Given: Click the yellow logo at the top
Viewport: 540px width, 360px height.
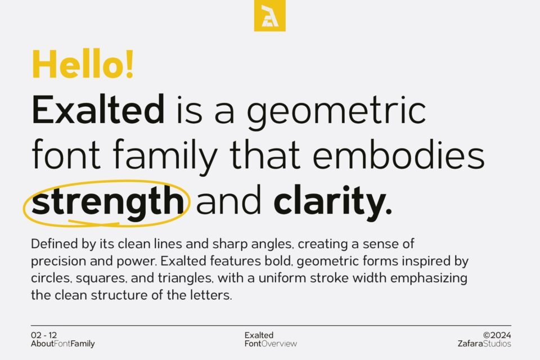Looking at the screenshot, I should coord(269,16).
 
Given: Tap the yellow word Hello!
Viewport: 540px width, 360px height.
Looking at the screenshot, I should coord(83,64).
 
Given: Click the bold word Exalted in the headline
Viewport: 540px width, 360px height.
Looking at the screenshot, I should coord(98,110).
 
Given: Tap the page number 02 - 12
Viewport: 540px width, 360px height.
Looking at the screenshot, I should coord(44,335).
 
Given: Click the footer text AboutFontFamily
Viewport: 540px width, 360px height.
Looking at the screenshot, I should coord(63,344).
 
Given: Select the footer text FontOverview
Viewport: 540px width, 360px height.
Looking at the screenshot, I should coord(271,344).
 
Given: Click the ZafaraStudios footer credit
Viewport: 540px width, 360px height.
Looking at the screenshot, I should coord(485,344).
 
